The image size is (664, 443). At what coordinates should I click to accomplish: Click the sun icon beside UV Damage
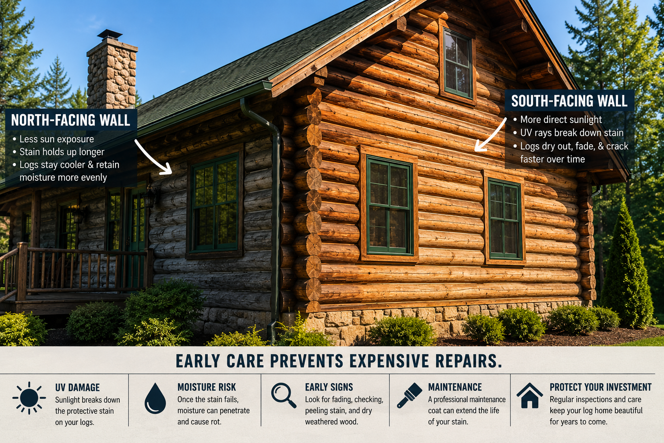pos(29,398)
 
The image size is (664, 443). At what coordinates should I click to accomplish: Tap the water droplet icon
pos(155,398)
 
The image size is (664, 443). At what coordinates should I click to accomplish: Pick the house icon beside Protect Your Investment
pos(530,395)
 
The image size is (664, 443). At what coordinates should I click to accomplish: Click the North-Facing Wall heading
pos(70,120)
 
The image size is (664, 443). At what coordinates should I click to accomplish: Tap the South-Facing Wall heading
pos(569,101)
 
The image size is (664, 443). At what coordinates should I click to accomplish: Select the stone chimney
pos(112,74)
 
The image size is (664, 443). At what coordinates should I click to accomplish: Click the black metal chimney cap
pos(110,35)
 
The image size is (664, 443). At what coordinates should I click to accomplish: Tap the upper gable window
pos(458,64)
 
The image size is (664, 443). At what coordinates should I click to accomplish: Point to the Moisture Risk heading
pos(207,387)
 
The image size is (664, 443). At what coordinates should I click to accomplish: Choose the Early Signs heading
pos(329,387)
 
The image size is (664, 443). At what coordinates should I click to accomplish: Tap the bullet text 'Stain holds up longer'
pos(62,152)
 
